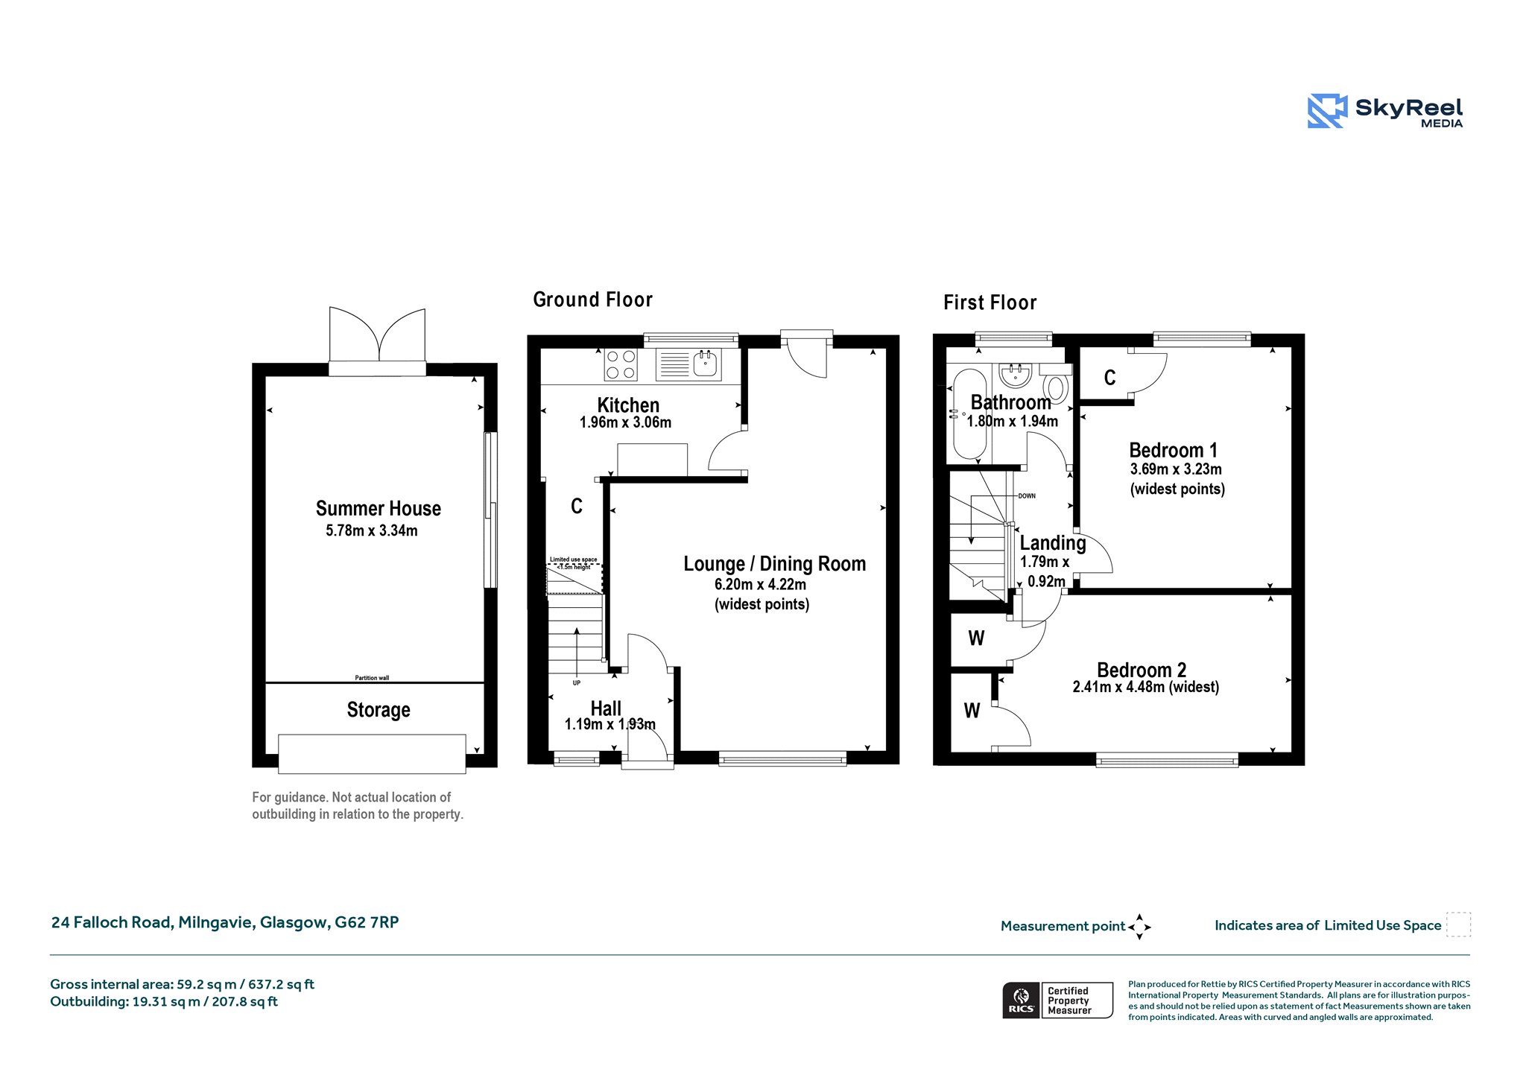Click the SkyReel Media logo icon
pyautogui.click(x=1327, y=111)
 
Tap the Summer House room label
pyautogui.click(x=379, y=509)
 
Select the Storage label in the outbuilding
pyautogui.click(x=379, y=710)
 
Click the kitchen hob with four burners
pyautogui.click(x=621, y=365)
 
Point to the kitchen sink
pyautogui.click(x=706, y=364)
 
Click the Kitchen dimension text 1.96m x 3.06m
pyautogui.click(x=625, y=422)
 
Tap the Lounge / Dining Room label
pyautogui.click(x=775, y=564)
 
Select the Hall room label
pyautogui.click(x=606, y=708)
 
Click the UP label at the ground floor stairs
pyautogui.click(x=577, y=683)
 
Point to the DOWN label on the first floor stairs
pyautogui.click(x=1027, y=496)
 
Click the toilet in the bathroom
pyautogui.click(x=1056, y=387)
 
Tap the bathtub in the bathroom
pyautogui.click(x=969, y=414)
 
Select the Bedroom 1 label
pyautogui.click(x=1174, y=450)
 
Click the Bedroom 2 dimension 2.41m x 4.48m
pyautogui.click(x=1146, y=687)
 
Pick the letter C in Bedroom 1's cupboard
pyautogui.click(x=1109, y=378)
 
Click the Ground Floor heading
pyautogui.click(x=592, y=299)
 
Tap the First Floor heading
pyautogui.click(x=990, y=302)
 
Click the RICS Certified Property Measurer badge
pyautogui.click(x=1057, y=1000)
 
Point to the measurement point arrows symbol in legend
pyautogui.click(x=1139, y=927)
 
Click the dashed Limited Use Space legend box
pyautogui.click(x=1458, y=925)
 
